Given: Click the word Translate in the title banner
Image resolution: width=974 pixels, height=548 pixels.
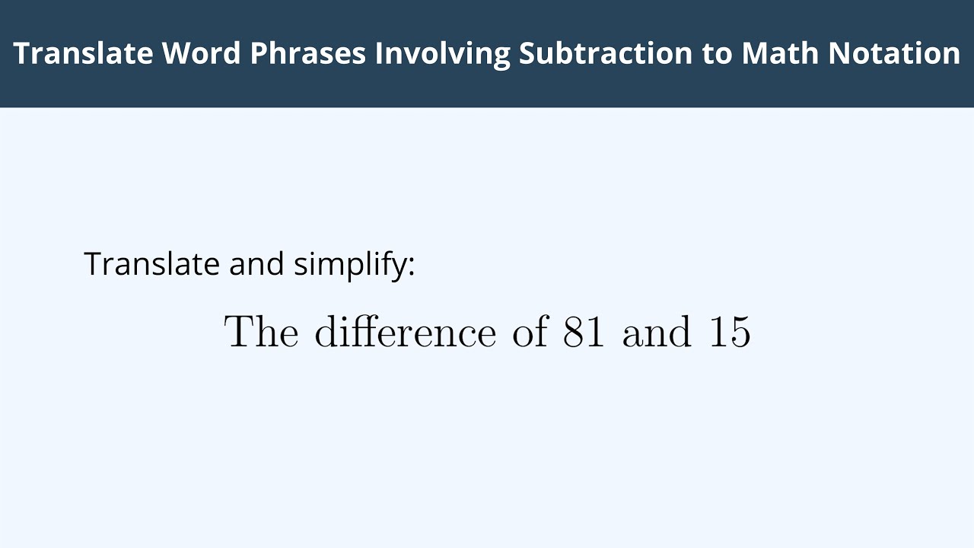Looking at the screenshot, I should tap(82, 53).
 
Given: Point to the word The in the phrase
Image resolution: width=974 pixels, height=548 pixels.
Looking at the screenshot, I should tap(261, 333).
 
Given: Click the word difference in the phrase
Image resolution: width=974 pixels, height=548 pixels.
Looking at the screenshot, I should tap(405, 333).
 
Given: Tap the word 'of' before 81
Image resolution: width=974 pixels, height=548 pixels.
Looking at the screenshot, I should tap(530, 333).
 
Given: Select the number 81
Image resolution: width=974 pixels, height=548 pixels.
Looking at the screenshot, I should tap(584, 333).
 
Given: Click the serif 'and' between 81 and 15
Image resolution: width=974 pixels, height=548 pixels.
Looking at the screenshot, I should tap(657, 333).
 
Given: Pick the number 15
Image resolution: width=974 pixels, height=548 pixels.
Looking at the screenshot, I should tap(730, 333).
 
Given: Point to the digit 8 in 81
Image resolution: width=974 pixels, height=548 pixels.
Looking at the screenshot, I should tap(574, 333).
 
